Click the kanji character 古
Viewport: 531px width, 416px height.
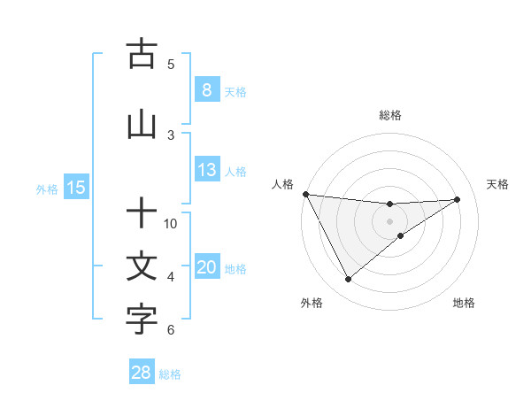pos(142,55)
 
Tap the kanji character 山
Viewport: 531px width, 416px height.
pos(142,125)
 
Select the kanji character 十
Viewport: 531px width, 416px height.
pos(142,214)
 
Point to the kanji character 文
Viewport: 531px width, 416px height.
pos(142,267)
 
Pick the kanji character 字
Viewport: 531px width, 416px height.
pos(142,320)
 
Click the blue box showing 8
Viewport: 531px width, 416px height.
pos(206,90)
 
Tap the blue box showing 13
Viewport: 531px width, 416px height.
pos(206,170)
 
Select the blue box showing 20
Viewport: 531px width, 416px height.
pos(206,268)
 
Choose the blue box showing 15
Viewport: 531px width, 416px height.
pos(75,188)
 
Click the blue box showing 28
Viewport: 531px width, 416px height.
pos(142,374)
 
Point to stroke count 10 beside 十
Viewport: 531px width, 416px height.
pos(172,223)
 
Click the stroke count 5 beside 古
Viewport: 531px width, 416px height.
pos(171,64)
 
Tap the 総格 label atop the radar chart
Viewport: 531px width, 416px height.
pos(390,115)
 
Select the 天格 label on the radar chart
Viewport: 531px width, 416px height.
pos(497,184)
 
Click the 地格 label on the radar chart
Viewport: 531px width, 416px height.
pos(464,303)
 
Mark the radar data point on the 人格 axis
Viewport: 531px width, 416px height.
pos(305,194)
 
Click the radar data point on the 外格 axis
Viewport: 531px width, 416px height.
pos(348,280)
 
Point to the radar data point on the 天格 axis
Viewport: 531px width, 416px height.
pos(458,199)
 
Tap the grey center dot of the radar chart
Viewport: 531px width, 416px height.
pos(390,220)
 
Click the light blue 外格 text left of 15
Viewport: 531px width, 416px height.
pos(46,189)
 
